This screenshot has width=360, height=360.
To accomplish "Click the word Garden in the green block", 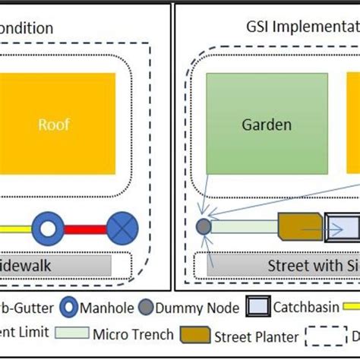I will coord(267,125).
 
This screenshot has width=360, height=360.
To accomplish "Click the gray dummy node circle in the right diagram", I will coord(204,226).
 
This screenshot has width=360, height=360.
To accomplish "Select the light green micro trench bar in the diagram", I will coord(245,226).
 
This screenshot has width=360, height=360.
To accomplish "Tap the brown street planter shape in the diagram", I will coord(300,226).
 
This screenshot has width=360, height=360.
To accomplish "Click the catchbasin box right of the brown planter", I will coord(343,226).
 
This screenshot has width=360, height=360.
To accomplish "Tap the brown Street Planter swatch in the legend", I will coord(196,333).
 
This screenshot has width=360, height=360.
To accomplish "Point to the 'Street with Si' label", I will coord(311,266).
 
